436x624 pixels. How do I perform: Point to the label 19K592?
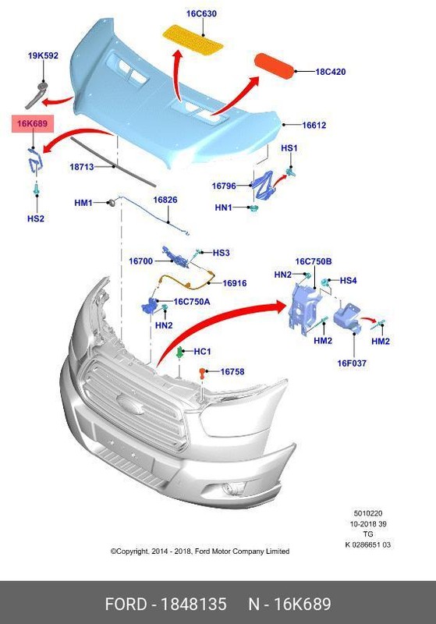coord(43,55)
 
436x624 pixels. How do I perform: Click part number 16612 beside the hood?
coord(314,125)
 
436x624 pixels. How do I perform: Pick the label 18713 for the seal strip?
coord(82,166)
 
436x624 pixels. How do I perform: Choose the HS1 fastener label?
coord(289,148)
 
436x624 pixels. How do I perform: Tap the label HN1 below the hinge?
coord(223,207)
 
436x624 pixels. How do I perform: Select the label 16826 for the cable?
coord(165,200)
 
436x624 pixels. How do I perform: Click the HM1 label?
coord(83,203)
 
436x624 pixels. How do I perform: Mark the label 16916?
coord(234,283)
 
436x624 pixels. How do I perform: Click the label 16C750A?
coord(192,301)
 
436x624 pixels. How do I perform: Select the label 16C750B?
coord(314,261)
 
